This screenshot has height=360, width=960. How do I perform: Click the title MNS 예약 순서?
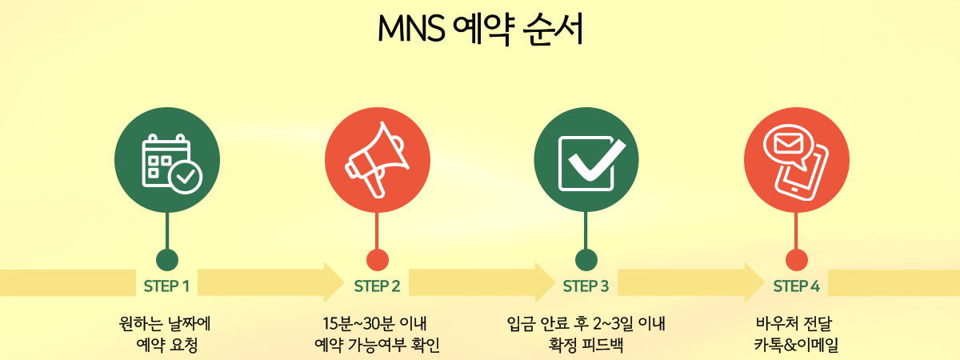480,30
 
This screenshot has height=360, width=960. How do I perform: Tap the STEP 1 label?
166,286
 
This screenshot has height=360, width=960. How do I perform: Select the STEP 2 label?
377,286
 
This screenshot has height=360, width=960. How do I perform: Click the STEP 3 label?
586,286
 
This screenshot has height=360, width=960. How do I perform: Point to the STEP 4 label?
796,286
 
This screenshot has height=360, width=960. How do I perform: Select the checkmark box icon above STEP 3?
586,162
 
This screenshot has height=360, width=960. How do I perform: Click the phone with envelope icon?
796,162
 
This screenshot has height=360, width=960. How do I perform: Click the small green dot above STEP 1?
167,260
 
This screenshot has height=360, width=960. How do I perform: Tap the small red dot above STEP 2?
377,260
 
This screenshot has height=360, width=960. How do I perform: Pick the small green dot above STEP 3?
586,260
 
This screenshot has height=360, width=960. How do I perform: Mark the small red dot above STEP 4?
796,260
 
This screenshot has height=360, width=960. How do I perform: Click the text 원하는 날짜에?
166,324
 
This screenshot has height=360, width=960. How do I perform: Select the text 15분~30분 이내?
377,324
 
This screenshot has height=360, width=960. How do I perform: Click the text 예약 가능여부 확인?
377,345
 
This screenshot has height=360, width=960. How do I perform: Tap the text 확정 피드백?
586,345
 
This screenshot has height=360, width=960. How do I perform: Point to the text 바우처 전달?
795,324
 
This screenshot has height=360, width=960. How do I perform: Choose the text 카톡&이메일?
795,345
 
